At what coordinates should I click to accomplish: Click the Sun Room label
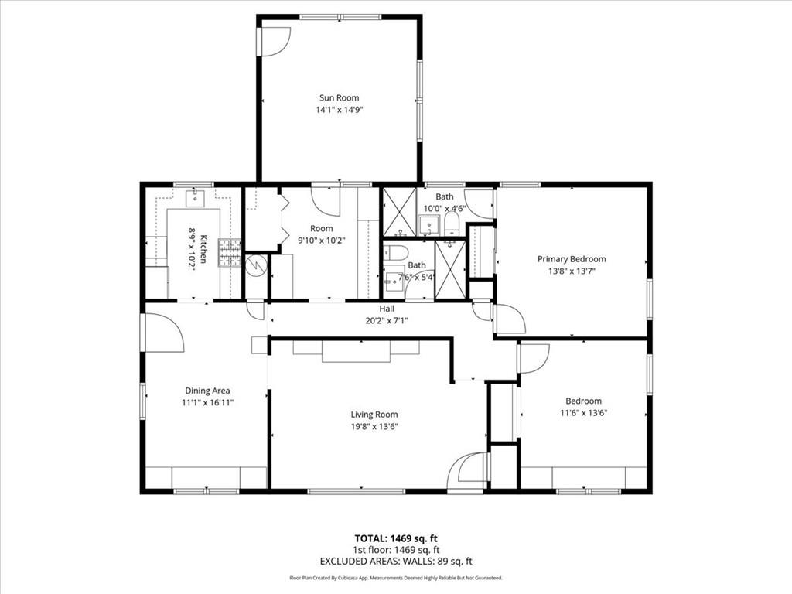(x=339, y=97)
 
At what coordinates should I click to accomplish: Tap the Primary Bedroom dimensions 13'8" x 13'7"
(x=572, y=271)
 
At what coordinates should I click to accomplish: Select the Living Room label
(x=374, y=415)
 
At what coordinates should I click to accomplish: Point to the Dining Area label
(x=207, y=391)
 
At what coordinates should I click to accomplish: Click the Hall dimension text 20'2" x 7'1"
(x=387, y=320)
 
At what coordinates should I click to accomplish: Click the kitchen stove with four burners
(x=229, y=251)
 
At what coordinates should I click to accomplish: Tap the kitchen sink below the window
(x=194, y=196)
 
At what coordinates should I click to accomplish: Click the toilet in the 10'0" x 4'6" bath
(x=452, y=224)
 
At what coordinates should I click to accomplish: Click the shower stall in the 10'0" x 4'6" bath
(x=400, y=211)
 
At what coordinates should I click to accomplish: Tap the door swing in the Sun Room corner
(x=273, y=41)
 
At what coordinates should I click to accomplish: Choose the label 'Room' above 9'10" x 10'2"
(x=322, y=228)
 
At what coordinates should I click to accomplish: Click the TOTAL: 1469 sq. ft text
(x=396, y=538)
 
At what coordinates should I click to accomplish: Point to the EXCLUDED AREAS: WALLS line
(x=396, y=561)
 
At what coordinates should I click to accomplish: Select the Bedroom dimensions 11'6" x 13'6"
(x=583, y=412)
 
